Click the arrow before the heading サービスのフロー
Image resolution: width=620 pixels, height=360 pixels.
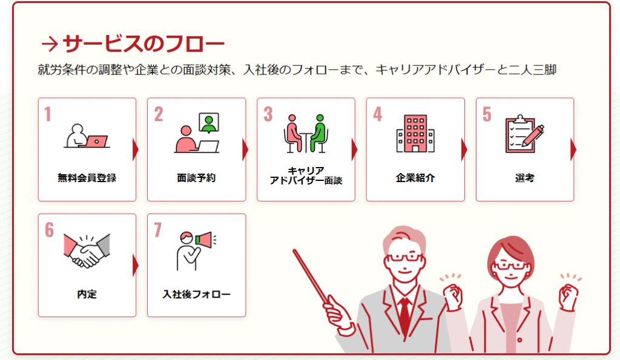tap(50, 44)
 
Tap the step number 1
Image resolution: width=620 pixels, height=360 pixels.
tap(48, 114)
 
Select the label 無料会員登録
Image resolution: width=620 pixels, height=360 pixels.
tap(87, 178)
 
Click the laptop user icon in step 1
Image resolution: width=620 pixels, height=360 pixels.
tap(87, 136)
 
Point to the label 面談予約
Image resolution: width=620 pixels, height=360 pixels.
tap(196, 178)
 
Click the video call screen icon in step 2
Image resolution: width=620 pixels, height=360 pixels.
tap(209, 123)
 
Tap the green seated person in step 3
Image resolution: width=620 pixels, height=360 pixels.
tap(318, 133)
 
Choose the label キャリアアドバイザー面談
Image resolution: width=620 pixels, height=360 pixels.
tap(306, 175)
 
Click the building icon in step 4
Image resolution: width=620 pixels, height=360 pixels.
tap(415, 134)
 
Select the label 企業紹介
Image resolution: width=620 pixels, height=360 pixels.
tap(415, 178)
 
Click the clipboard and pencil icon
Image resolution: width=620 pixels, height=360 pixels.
tap(525, 134)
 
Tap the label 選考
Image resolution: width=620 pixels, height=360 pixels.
tap(525, 178)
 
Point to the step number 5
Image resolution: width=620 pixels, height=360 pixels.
tap(487, 114)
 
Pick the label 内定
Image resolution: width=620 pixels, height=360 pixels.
tap(87, 294)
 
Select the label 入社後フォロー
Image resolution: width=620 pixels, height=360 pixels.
tap(196, 294)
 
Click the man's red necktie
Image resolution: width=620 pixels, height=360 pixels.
tap(404, 316)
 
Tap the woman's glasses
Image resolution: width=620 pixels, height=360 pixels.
tap(511, 265)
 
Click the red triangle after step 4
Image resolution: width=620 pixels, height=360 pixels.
tap(464, 149)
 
